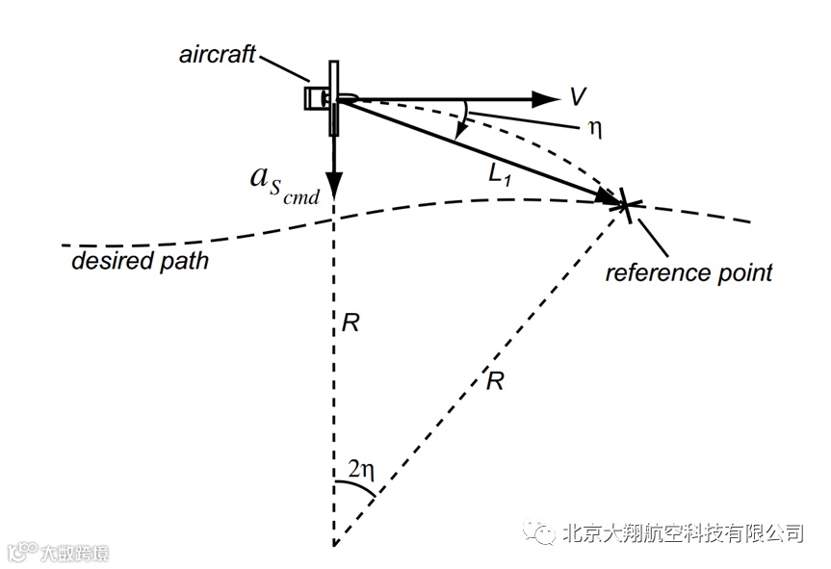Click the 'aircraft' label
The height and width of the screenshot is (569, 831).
pyautogui.click(x=217, y=54)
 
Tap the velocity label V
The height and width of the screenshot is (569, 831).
pyautogui.click(x=578, y=96)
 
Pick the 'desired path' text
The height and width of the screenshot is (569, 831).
pyautogui.click(x=140, y=261)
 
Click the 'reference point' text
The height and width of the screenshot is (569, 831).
pyautogui.click(x=688, y=272)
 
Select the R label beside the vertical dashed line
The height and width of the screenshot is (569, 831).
pyautogui.click(x=351, y=322)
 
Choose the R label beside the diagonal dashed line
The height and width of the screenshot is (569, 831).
pyautogui.click(x=495, y=380)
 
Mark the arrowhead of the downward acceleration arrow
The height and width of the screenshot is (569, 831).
pyautogui.click(x=333, y=183)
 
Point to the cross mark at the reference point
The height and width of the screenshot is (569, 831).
pyautogui.click(x=625, y=204)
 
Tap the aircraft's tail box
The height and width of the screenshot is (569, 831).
pyautogui.click(x=314, y=98)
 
